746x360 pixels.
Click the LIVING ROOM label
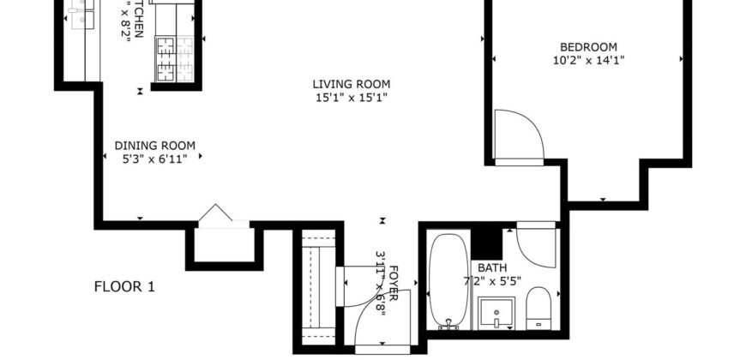[x=351, y=84]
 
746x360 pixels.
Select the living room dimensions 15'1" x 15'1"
[x=351, y=98]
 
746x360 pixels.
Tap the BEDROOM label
[x=587, y=47]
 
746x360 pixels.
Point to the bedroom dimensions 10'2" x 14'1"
[x=587, y=61]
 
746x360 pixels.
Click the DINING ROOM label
[x=154, y=145]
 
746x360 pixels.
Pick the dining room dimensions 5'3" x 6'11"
[x=154, y=159]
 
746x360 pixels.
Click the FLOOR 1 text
[x=123, y=287]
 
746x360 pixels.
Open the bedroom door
[x=520, y=136]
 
